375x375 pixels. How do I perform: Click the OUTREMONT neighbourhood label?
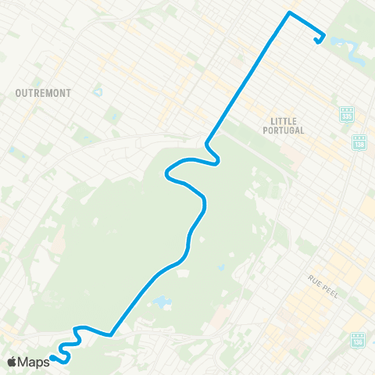[43, 93]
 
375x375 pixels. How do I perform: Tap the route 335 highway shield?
[346, 115]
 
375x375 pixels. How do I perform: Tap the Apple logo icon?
[12, 362]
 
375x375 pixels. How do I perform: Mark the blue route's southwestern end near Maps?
[52, 359]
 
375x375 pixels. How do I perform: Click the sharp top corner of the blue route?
[290, 13]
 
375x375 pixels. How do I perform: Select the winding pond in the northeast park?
[355, 53]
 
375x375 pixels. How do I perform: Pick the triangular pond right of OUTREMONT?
[98, 92]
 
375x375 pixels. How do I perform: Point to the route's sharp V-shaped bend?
[111, 334]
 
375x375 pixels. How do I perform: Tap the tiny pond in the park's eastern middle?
[221, 267]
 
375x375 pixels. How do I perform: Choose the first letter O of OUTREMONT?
[18, 93]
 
